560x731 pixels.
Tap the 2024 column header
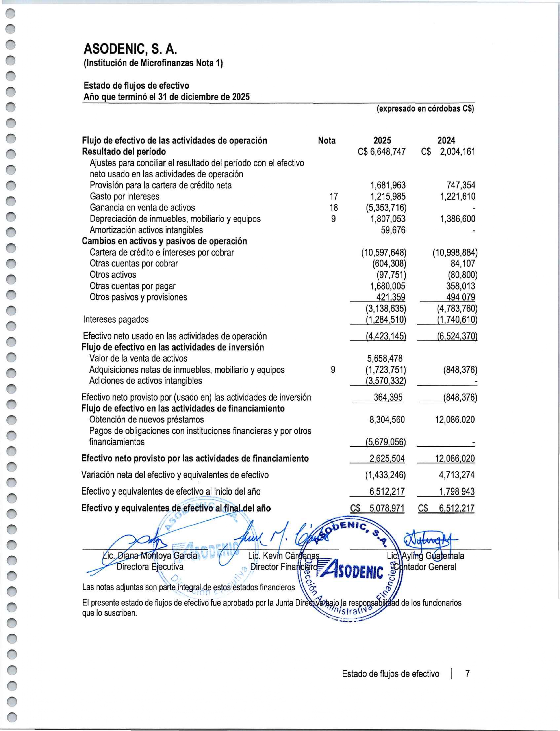click(446, 140)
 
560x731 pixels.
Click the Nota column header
click(327, 140)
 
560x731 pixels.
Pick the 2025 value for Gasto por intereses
click(388, 196)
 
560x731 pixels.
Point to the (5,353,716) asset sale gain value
click(386, 208)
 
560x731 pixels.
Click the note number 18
click(333, 208)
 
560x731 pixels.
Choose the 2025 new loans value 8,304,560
click(387, 420)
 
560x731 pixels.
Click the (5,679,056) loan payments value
click(386, 442)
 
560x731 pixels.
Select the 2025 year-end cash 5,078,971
click(387, 508)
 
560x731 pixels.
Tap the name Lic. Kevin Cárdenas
click(283, 556)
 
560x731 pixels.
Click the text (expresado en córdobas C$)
click(425, 109)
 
